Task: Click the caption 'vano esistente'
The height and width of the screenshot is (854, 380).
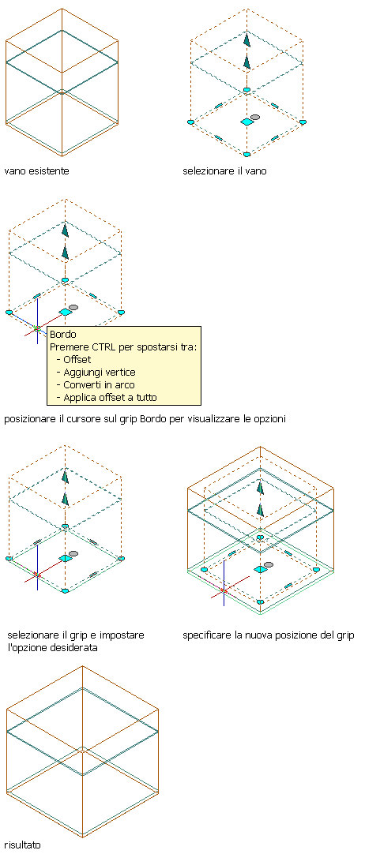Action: [36, 171]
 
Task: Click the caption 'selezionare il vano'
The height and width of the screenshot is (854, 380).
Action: [224, 171]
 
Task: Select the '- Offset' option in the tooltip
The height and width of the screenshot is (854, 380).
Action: [73, 359]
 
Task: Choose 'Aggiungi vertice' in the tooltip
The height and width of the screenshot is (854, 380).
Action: [96, 372]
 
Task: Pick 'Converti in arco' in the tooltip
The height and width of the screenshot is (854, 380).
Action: [96, 384]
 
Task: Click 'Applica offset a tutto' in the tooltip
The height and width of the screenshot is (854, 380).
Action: [107, 397]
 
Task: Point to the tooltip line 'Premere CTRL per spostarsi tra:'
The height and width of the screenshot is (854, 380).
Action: [123, 347]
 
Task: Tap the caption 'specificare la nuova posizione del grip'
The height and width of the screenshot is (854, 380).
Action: [269, 635]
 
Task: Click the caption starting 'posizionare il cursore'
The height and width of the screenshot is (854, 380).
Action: [145, 420]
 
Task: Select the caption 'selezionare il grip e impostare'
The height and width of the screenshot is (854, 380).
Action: [76, 635]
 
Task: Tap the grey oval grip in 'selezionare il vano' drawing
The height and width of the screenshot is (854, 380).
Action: [255, 117]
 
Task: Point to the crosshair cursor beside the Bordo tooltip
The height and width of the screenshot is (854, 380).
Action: [37, 328]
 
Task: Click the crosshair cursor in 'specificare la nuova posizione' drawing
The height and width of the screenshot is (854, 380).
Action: [224, 590]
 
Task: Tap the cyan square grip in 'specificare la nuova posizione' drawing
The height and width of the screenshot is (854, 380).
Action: [261, 568]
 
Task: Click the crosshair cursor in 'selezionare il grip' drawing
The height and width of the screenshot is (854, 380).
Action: [37, 574]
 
